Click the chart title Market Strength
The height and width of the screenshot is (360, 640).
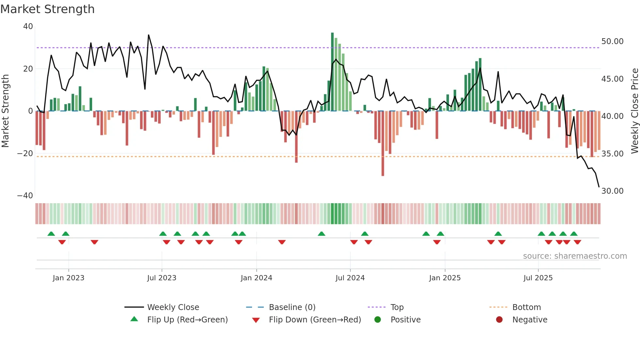[47, 9]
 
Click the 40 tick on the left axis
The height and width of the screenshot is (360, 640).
[28, 26]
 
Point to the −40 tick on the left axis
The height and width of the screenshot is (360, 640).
[25, 196]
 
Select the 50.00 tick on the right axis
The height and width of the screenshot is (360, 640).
[612, 41]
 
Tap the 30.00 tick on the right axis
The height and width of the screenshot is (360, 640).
[612, 191]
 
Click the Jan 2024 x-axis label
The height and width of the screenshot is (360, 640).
[256, 278]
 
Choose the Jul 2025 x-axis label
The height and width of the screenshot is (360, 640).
[538, 278]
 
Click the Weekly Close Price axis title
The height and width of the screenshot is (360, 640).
[634, 111]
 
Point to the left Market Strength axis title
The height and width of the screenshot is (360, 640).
[6, 111]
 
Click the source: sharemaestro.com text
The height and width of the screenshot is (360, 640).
[575, 256]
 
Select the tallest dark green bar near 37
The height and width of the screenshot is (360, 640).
[332, 72]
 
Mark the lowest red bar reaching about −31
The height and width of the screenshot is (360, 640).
[383, 144]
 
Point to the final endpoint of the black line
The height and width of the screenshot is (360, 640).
[599, 187]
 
